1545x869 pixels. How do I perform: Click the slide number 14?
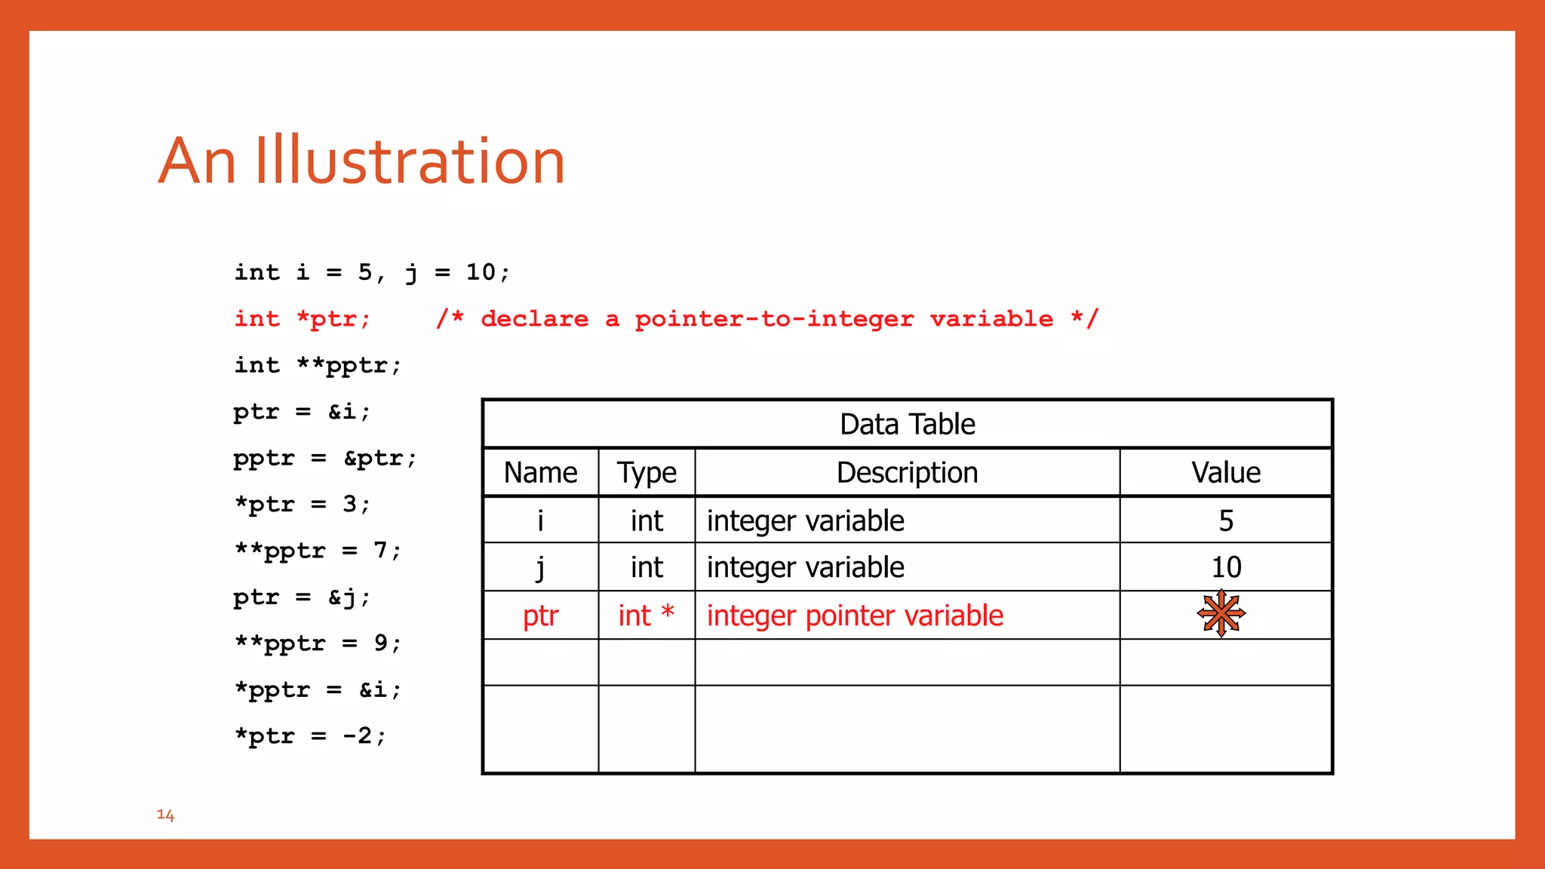point(165,815)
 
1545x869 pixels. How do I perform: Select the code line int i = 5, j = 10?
point(372,272)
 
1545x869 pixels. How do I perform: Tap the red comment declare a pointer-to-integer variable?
point(766,319)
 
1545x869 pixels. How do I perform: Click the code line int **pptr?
point(318,366)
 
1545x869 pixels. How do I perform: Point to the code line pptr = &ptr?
point(324,459)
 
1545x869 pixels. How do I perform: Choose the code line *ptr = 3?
point(302,505)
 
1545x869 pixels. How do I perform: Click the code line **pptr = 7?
point(318,551)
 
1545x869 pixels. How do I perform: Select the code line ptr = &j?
point(302,597)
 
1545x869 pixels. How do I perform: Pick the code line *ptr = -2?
point(309,736)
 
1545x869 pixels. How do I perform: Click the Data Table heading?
point(907,425)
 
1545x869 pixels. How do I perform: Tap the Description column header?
point(907,473)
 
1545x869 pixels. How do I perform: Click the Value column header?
point(1225,473)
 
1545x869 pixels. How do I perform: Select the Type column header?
point(647,473)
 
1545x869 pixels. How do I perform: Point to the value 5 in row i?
point(1226,520)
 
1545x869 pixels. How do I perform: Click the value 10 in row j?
point(1226,567)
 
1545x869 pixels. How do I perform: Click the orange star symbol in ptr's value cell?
point(1221,614)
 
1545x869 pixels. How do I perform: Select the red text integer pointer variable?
point(855,616)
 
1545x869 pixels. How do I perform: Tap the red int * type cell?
point(647,616)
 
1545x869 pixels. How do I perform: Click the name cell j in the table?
point(540,567)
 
